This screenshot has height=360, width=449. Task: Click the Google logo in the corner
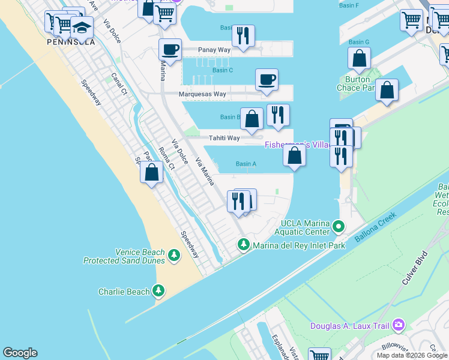(20, 353)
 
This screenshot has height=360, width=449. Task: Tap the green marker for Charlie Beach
(158, 292)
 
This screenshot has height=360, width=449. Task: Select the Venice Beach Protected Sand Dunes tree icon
(174, 256)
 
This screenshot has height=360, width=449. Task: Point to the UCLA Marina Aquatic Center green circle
(339, 227)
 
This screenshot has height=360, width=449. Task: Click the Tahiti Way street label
(224, 138)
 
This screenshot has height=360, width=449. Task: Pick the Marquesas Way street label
(202, 94)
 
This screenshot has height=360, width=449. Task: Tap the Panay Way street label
(215, 50)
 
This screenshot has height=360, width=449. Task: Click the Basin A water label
(246, 164)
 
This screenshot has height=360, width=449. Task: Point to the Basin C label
(222, 70)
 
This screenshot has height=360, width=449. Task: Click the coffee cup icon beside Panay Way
(170, 49)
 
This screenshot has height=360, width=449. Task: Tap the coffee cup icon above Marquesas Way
(267, 79)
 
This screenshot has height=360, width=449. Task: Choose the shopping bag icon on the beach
(151, 173)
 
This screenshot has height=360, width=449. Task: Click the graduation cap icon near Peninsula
(82, 27)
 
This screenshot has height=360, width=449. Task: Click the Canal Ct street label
(119, 84)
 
